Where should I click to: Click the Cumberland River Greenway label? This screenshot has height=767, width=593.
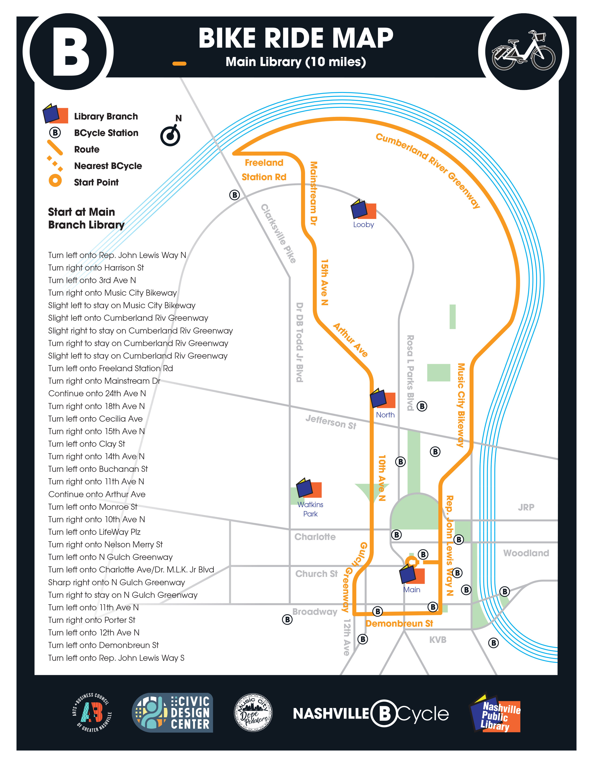pyautogui.click(x=427, y=170)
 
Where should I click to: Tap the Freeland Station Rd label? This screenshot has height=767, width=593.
pyautogui.click(x=264, y=170)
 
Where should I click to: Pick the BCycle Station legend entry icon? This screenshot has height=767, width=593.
pyautogui.click(x=55, y=133)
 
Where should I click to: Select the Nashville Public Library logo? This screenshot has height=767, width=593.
pyautogui.click(x=495, y=713)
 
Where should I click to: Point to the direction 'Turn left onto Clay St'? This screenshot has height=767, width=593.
pyautogui.click(x=87, y=444)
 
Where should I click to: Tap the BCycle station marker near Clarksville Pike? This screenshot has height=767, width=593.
pyautogui.click(x=234, y=195)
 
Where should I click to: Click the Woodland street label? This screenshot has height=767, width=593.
pyautogui.click(x=526, y=553)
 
